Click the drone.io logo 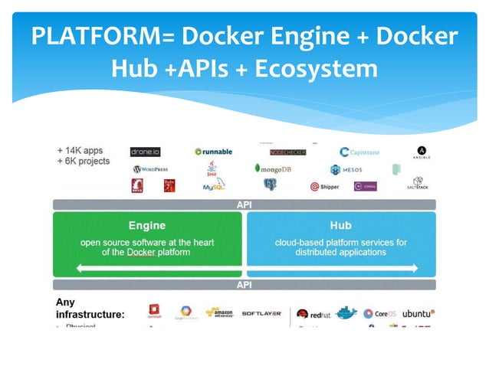pyautogui.click(x=145, y=152)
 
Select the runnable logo pyautogui.click(x=214, y=152)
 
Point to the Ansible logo pyautogui.click(x=422, y=152)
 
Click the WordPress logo pyautogui.click(x=150, y=169)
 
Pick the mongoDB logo pyautogui.click(x=273, y=168)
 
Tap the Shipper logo pyautogui.click(x=325, y=186)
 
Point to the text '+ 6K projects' pyautogui.click(x=84, y=162)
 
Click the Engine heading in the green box pyautogui.click(x=147, y=226)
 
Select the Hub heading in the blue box pyautogui.click(x=340, y=226)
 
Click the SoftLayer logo pyautogui.click(x=261, y=313)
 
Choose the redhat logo pyautogui.click(x=313, y=314)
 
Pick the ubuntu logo pyautogui.click(x=418, y=313)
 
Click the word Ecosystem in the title pyautogui.click(x=316, y=69)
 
